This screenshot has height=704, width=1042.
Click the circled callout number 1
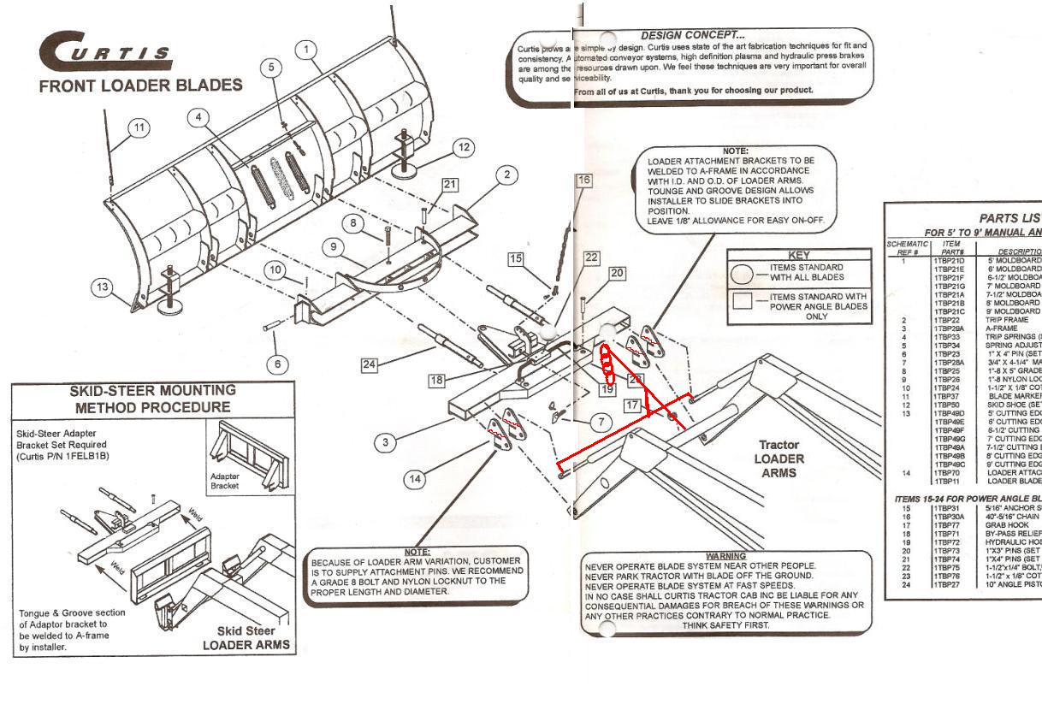(306, 50)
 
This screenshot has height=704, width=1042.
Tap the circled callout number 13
(104, 287)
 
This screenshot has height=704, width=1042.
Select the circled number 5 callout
(271, 67)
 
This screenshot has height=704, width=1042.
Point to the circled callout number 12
(463, 147)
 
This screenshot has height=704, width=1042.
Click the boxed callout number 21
(450, 185)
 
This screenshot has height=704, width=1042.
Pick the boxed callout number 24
(369, 364)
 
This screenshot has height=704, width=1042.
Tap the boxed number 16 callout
(583, 180)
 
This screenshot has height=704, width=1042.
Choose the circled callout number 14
(414, 478)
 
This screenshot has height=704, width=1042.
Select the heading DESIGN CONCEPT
(692, 35)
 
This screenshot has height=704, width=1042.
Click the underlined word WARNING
(725, 556)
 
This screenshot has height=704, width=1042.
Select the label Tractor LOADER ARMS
(779, 458)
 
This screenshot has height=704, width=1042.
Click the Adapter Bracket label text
(230, 481)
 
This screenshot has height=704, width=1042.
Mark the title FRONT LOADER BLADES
(140, 86)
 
